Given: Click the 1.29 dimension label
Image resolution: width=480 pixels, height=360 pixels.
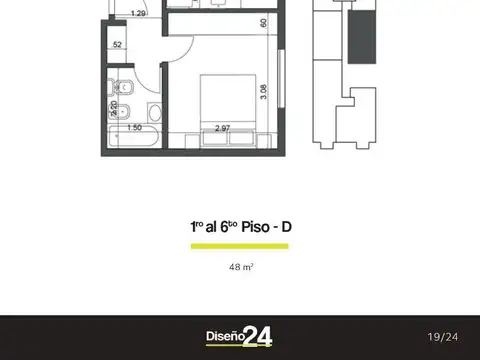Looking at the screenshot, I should pyautogui.click(x=139, y=13).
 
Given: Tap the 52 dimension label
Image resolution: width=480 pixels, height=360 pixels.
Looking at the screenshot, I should pyautogui.click(x=117, y=45).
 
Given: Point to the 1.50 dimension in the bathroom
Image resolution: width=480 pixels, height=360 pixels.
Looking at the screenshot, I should pyautogui.click(x=134, y=128).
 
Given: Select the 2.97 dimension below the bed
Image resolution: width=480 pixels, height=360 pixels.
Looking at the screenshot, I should pyautogui.click(x=222, y=128).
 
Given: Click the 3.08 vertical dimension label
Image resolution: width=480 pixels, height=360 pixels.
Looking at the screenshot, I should pyautogui.click(x=263, y=91).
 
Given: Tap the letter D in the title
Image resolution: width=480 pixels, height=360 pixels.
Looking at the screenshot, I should pyautogui.click(x=287, y=227).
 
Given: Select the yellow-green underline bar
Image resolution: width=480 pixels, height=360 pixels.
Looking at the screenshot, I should pyautogui.click(x=239, y=245).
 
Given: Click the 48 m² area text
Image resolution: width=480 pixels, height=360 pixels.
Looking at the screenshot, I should pyautogui.click(x=240, y=267).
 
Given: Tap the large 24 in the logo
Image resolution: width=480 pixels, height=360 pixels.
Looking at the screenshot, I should pyautogui.click(x=257, y=337).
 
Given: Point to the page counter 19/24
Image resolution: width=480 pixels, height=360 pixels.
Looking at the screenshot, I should pyautogui.click(x=442, y=337).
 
